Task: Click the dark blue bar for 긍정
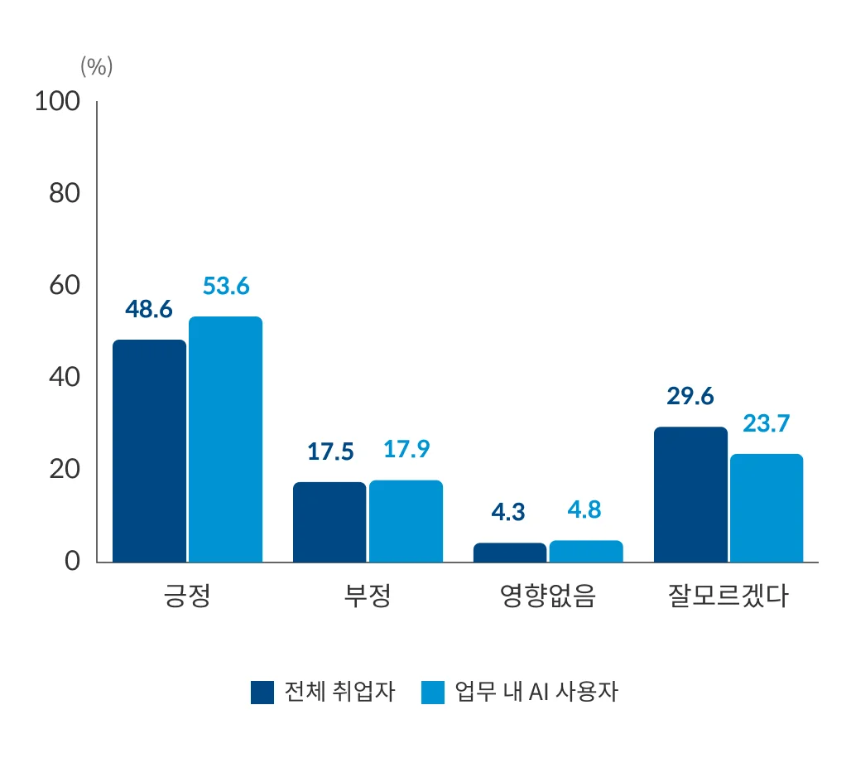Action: pyautogui.click(x=149, y=451)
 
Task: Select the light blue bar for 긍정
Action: pyautogui.click(x=225, y=439)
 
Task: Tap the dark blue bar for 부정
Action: pyautogui.click(x=329, y=522)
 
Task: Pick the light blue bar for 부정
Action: pyautogui.click(x=406, y=521)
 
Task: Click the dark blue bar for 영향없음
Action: pyautogui.click(x=510, y=553)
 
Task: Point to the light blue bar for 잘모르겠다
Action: pyautogui.click(x=766, y=508)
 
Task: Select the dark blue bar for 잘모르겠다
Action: pyautogui.click(x=690, y=495)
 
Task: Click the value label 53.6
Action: pyautogui.click(x=226, y=286)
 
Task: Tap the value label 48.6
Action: pyautogui.click(x=149, y=309)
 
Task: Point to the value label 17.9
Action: pyautogui.click(x=406, y=449)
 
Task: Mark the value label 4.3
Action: pyautogui.click(x=508, y=512)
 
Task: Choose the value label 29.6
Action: pyautogui.click(x=690, y=396)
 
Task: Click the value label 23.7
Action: pyautogui.click(x=767, y=423)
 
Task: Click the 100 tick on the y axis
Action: pyautogui.click(x=56, y=102)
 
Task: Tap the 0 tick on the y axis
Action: pyautogui.click(x=71, y=561)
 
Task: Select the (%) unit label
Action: pyautogui.click(x=96, y=67)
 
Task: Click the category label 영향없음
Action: pyautogui.click(x=547, y=596)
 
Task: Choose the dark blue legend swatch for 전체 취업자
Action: pyautogui.click(x=262, y=692)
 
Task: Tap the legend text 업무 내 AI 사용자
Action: pyautogui.click(x=536, y=692)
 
